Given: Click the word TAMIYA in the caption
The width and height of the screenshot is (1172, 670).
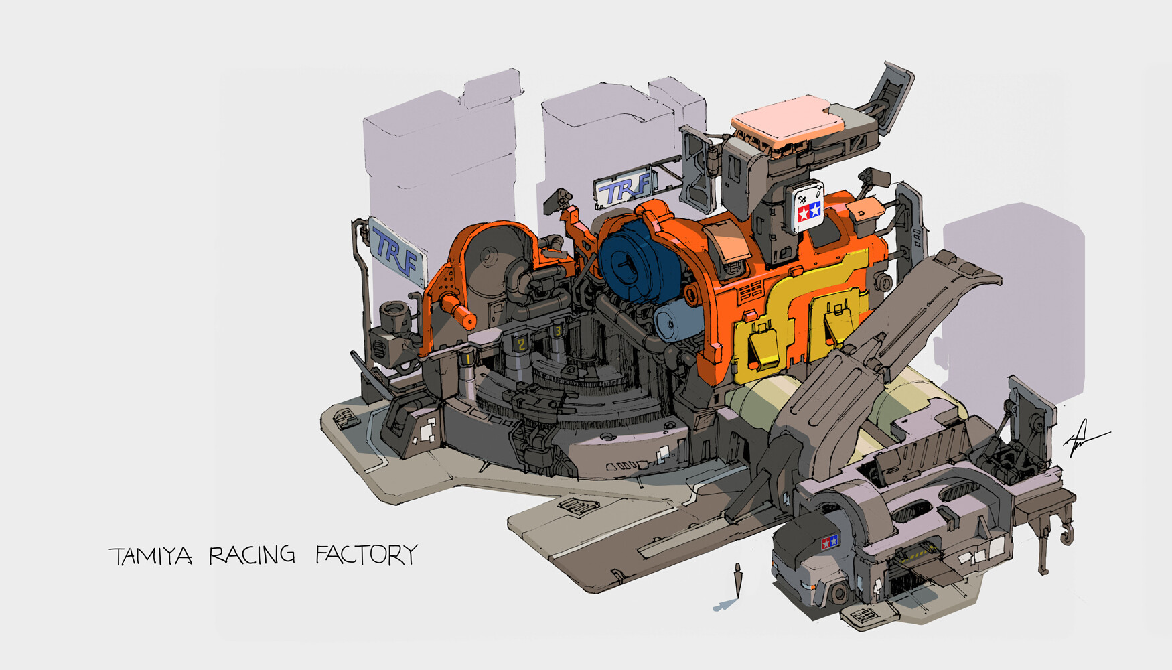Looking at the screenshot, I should point(151,556).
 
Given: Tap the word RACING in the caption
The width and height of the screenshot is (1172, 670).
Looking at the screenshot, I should point(251,555).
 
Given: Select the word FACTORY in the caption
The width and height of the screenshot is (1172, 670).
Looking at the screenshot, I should point(366,555).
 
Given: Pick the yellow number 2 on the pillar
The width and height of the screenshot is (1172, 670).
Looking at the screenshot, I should point(520,344).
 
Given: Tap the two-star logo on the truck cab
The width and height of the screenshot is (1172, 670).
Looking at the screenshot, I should point(830,541).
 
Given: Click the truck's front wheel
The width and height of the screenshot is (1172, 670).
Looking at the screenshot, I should point(840,593).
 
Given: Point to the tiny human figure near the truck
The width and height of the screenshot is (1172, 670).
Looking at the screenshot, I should point(738,580).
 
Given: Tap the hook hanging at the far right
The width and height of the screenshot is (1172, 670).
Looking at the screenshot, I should point(1066,533).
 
